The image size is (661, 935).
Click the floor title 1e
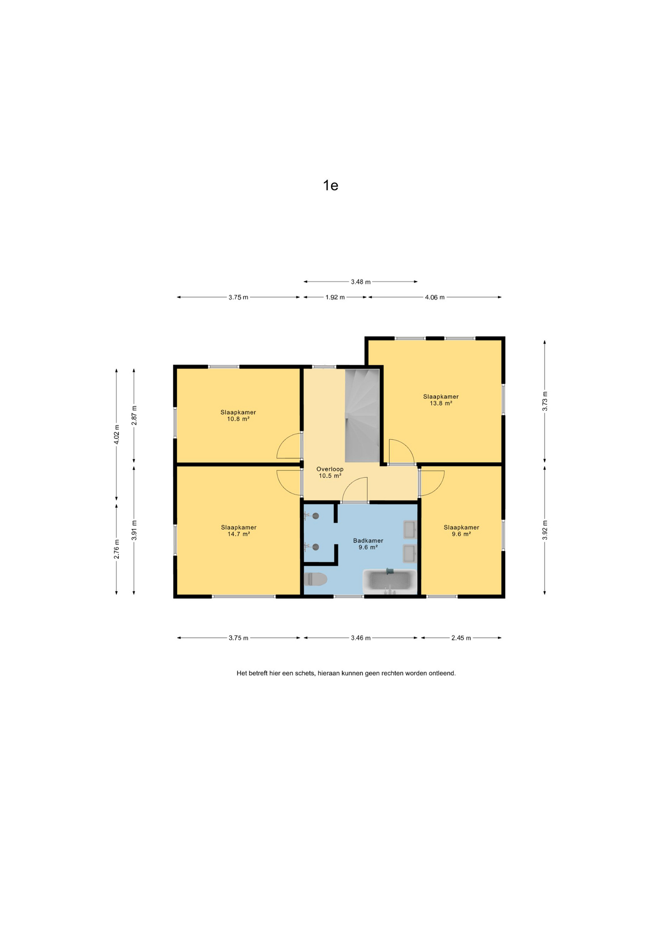[330, 186]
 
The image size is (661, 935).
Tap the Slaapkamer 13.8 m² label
[441, 400]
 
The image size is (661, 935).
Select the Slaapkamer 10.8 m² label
[238, 415]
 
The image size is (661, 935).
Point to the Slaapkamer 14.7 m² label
[239, 530]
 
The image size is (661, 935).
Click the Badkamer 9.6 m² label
[368, 543]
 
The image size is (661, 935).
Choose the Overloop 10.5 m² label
[330, 472]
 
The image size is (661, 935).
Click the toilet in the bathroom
[315, 579]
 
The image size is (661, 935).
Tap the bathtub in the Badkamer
[390, 581]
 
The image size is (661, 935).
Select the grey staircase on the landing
[362, 415]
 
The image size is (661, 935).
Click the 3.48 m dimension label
[361, 282]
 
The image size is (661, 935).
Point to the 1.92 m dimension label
[335, 297]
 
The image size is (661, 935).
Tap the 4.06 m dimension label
[435, 297]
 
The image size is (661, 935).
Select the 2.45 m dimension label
[461, 638]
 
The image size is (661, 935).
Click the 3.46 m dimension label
[361, 638]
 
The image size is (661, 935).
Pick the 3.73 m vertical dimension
[545, 401]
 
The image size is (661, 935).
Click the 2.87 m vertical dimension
[134, 415]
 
